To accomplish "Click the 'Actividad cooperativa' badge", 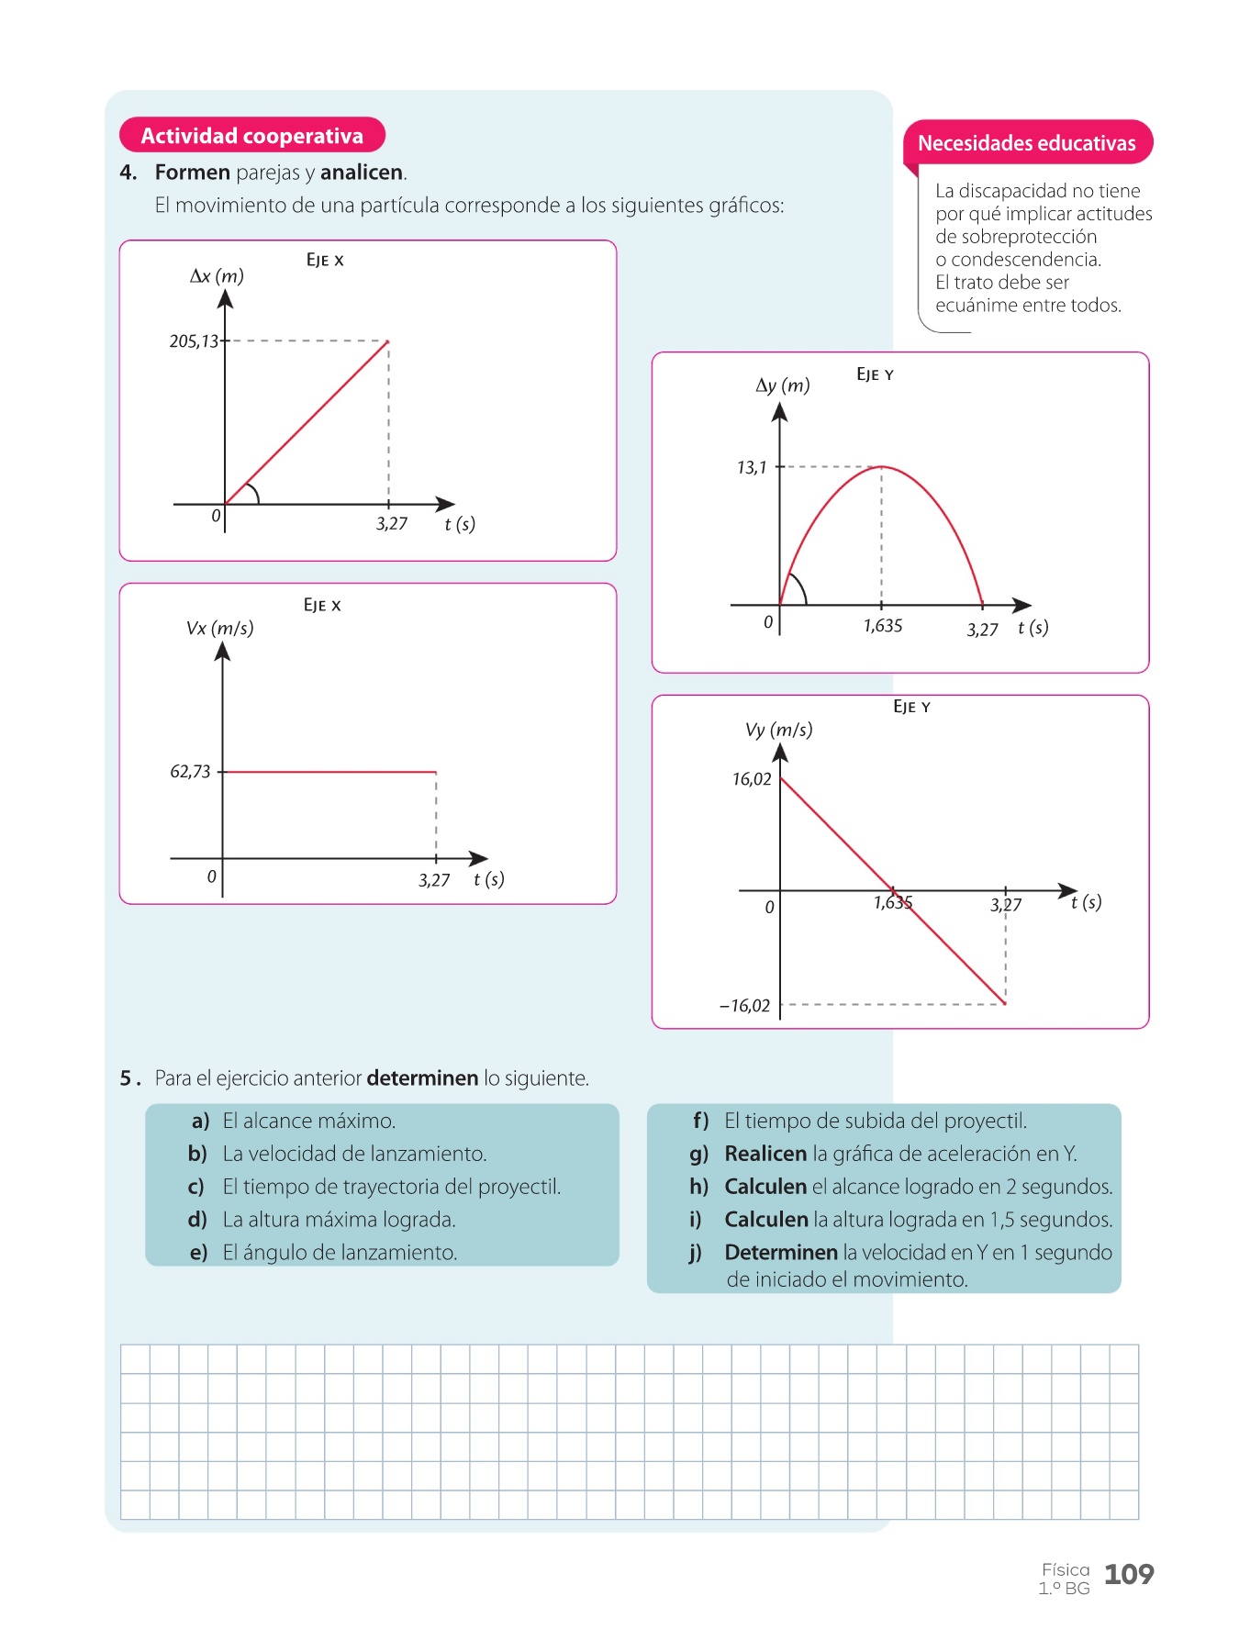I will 251,136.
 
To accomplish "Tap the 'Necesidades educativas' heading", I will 1026,143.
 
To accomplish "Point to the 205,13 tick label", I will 194,341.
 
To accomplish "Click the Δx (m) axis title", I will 217,276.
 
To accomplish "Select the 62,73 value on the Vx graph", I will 190,772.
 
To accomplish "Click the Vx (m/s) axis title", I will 219,629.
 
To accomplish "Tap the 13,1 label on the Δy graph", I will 751,468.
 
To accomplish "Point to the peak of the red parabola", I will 882,467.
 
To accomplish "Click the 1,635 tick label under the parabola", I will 883,626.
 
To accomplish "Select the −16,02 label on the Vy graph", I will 744,1006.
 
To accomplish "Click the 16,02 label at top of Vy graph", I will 752,780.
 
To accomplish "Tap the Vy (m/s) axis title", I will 778,731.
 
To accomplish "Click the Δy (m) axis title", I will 783,385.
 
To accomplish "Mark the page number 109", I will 1129,1575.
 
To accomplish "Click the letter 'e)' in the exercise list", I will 198,1253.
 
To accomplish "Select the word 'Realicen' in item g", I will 765,1154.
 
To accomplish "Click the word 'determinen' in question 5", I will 422,1078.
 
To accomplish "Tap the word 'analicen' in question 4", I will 362,173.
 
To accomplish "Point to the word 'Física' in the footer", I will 1066,1569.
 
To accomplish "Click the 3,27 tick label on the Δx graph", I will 392,524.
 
